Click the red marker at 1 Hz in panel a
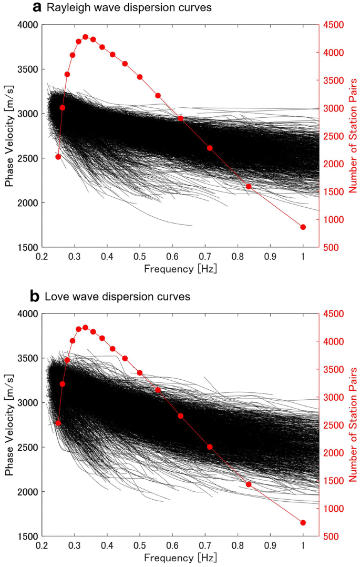click(x=303, y=227)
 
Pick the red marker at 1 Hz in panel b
click(x=303, y=522)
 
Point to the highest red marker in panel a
click(x=85, y=37)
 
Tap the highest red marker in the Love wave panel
click(x=85, y=327)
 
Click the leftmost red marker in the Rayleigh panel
click(x=58, y=157)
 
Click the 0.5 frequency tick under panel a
click(x=140, y=256)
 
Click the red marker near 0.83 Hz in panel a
click(x=249, y=186)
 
